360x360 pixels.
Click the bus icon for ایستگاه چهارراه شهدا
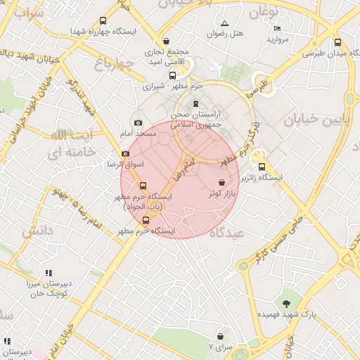[103, 21]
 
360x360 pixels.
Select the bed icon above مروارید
[278, 28]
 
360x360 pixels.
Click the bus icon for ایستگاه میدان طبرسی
[337, 42]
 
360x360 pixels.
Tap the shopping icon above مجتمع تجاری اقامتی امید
[166, 41]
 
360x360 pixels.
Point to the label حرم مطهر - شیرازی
[172, 86]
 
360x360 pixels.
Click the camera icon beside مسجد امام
[139, 123]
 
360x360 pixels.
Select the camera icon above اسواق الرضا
[125, 153]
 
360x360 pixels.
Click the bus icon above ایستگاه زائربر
[262, 167]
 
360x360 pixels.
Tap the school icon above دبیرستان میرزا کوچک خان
[49, 273]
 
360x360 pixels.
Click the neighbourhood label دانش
[38, 230]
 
